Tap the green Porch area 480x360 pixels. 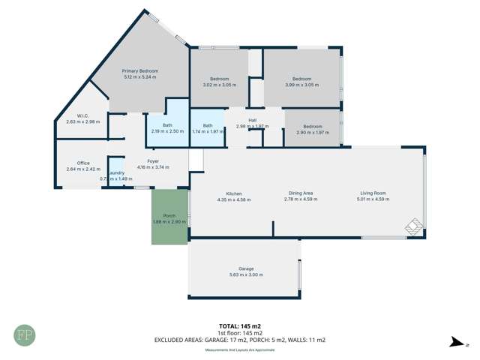[x=169, y=217]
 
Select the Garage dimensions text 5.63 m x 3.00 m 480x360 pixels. [x=246, y=274]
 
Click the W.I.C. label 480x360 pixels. [x=77, y=116]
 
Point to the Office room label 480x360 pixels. [x=83, y=163]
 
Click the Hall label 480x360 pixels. [x=252, y=121]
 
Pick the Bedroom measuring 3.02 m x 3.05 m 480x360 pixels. [x=219, y=81]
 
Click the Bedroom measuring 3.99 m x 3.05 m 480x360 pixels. [x=301, y=81]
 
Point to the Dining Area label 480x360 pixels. [x=298, y=193]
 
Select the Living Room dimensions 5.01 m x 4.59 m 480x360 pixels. [x=373, y=199]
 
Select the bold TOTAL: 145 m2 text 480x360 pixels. [x=240, y=326]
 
